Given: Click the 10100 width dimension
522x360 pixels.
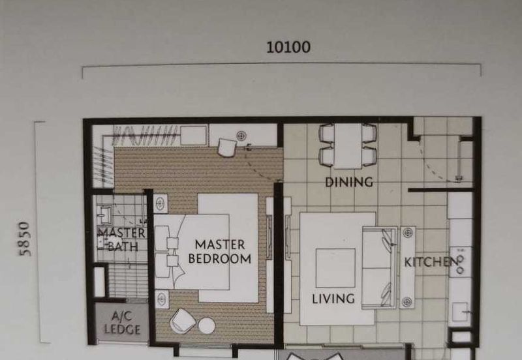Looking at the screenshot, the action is (288, 47).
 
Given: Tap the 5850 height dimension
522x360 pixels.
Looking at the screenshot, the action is (25, 239).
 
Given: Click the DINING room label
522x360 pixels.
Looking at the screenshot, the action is (349, 182).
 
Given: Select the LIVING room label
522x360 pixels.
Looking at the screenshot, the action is (333, 299).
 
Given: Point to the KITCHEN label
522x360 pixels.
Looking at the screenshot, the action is (431, 262).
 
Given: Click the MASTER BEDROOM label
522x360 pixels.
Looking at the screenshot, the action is (220, 252).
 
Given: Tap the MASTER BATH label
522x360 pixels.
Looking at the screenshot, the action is (122, 239).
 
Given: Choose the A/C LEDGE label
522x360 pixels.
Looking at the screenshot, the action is (122, 323).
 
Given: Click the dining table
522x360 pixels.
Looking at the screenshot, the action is (348, 145).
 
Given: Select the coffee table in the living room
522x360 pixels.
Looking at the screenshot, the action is (335, 268).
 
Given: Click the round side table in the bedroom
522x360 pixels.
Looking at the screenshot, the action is (207, 325).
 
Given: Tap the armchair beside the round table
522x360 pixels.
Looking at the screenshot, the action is (183, 320).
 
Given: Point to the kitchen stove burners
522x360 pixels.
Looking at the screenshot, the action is (460, 264).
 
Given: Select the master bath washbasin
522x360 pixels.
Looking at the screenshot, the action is (105, 215).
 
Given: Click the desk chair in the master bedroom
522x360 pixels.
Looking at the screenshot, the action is (227, 147).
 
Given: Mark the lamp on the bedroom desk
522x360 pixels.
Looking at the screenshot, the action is (241, 136).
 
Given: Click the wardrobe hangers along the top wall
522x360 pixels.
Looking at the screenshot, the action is (146, 135).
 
